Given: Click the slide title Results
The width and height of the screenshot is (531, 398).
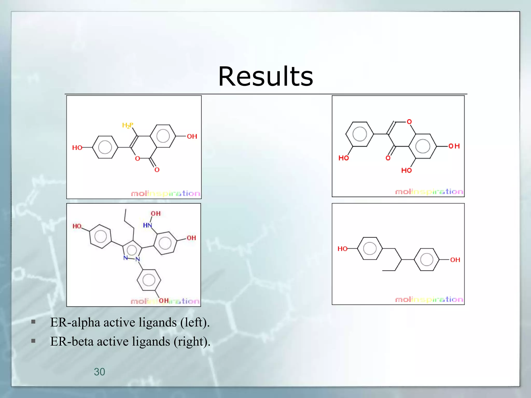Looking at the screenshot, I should coord(265,76).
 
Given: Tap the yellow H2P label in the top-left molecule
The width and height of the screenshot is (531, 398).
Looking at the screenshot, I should coord(128,126).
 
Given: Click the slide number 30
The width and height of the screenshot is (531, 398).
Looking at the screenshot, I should coord(99,372).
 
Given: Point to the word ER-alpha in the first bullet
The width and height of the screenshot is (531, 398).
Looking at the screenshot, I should coord(75,323).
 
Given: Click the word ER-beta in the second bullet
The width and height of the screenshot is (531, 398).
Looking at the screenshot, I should coord(72,342).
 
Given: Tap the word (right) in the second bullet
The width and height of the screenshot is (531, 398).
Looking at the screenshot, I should coord(192,342).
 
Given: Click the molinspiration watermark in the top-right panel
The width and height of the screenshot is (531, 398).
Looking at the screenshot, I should coord(429,192).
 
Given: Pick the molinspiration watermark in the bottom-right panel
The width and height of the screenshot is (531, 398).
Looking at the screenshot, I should coord(429,300).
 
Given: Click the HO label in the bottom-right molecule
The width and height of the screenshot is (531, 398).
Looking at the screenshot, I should coord(343,249).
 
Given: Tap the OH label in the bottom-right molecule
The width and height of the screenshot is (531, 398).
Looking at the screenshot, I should coord(455,260).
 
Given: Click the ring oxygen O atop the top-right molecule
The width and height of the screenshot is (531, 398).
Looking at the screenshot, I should coord(409,122).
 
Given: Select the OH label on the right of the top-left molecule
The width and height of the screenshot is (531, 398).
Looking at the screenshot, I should coord(192,136).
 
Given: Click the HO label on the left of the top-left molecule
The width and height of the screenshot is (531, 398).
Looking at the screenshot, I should coord(77,148).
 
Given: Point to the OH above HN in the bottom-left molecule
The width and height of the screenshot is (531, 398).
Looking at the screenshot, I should coord(156,214).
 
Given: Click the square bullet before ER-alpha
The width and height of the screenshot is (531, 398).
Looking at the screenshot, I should coord(33,322).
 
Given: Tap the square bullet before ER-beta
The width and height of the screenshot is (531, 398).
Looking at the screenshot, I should coord(33,341).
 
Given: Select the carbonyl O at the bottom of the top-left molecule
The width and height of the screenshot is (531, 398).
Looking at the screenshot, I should coord(157,170).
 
